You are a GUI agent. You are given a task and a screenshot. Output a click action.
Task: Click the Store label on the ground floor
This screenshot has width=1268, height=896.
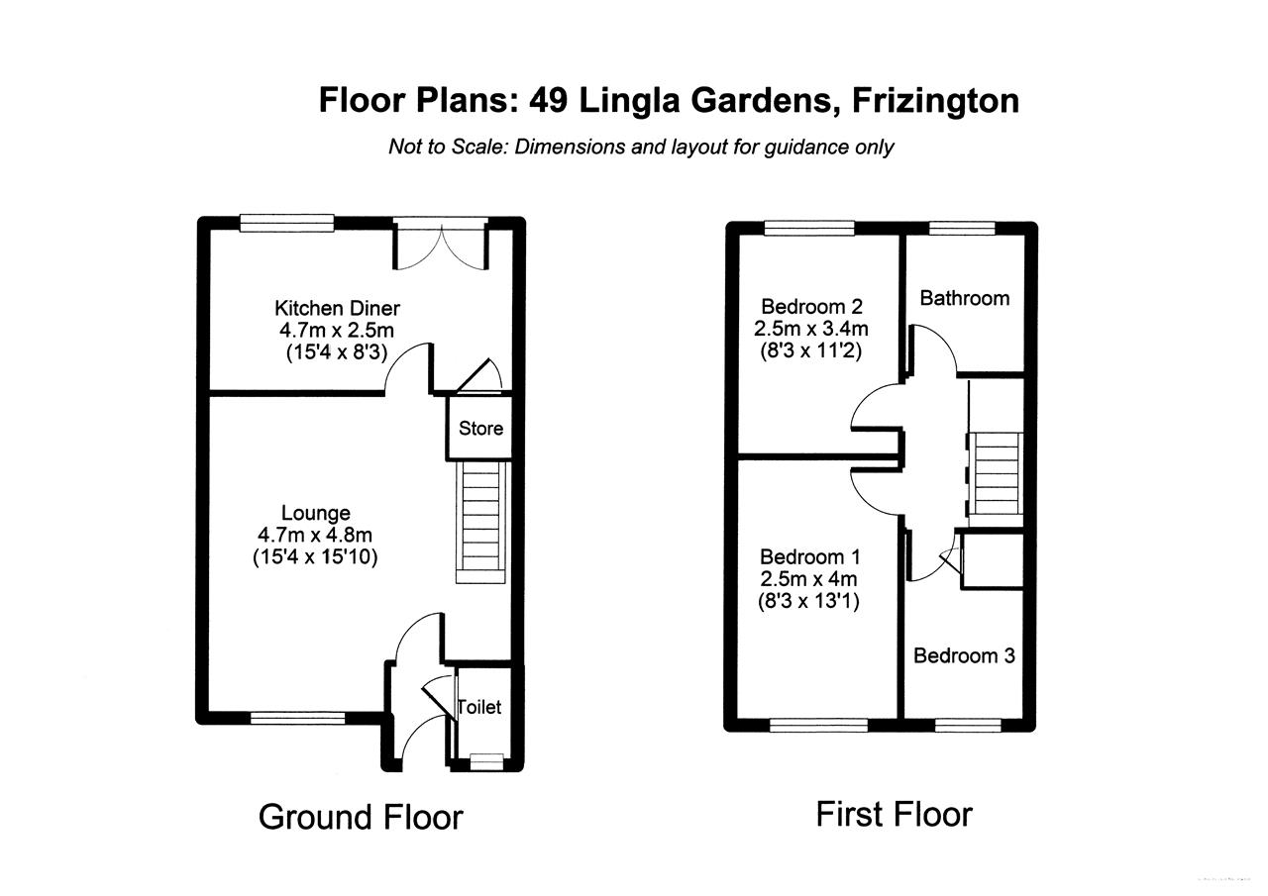point(480,429)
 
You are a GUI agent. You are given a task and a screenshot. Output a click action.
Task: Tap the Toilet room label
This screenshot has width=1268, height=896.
point(479,707)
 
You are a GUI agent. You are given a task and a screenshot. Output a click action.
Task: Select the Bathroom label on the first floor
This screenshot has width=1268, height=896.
point(964,298)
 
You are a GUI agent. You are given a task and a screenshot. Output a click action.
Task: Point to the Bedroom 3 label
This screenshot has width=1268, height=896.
point(964,655)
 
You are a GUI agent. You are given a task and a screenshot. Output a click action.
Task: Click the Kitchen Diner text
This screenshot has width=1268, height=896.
point(337,309)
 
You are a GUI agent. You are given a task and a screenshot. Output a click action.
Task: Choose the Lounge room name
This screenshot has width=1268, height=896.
point(316,513)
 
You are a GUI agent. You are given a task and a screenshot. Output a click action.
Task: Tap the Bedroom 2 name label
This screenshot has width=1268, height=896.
point(803,306)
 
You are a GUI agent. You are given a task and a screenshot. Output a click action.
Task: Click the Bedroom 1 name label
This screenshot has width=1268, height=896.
point(803,556)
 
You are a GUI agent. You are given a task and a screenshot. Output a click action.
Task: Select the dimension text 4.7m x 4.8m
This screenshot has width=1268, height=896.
point(316,535)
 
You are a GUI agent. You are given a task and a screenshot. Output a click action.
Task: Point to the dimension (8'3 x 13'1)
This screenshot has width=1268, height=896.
point(808,600)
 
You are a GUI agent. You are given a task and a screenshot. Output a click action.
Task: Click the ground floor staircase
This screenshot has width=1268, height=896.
point(480,525)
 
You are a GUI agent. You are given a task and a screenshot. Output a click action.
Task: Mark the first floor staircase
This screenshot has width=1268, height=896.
point(997,472)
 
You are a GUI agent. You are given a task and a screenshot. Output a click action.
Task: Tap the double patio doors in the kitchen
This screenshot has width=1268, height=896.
point(441,243)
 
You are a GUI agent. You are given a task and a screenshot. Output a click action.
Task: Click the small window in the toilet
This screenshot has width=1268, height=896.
point(484,759)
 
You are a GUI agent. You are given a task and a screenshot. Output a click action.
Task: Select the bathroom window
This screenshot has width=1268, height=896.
point(962,228)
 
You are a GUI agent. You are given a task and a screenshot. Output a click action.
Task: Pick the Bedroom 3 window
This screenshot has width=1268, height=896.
point(967,725)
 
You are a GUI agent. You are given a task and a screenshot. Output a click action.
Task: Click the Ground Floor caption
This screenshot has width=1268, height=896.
point(361,817)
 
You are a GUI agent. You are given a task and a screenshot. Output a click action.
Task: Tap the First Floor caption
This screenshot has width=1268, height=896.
point(894,814)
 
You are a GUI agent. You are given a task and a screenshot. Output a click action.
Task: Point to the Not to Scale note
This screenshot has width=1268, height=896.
point(640,148)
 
